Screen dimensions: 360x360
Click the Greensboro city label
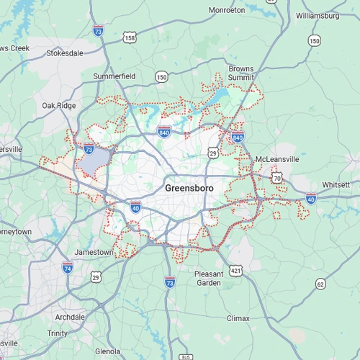click(189, 188)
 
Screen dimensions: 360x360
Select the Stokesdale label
click(66, 53)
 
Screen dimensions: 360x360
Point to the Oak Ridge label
click(58, 105)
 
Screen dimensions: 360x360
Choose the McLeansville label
click(277, 159)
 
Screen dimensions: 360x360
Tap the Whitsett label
click(336, 185)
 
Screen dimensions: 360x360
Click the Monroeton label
click(227, 10)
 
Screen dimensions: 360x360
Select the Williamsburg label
click(317, 15)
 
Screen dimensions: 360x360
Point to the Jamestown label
click(94, 253)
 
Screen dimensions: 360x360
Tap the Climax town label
click(238, 318)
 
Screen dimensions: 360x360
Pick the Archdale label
click(70, 317)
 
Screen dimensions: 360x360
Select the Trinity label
click(58, 333)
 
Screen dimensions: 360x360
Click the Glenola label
click(108, 351)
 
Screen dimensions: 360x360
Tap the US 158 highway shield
click(130, 37)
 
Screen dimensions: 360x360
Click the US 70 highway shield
click(277, 177)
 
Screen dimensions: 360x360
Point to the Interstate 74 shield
click(68, 268)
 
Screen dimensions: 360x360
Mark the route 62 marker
click(320, 284)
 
